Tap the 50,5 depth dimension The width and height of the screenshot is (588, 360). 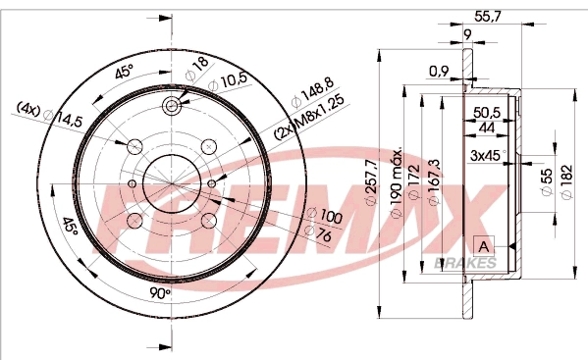pos(487,112)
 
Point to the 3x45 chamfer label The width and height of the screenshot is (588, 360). pos(486,155)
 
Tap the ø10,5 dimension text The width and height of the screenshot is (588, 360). pos(227,80)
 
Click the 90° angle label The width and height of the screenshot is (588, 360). pos(161,291)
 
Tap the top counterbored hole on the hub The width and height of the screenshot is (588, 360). pos(174,106)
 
